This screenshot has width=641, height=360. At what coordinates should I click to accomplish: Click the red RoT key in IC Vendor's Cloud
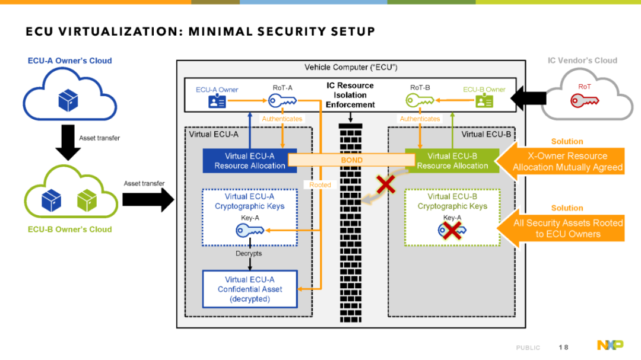pos(585,100)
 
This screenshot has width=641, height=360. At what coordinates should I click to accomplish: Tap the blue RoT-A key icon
pos(283,100)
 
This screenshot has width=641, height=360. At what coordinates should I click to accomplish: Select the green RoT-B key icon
pos(420,100)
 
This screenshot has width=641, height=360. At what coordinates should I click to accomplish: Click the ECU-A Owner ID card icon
pos(217,101)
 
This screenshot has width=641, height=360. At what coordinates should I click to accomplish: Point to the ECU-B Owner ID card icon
pos(484,100)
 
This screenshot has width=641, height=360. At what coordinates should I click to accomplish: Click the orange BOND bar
pos(351,160)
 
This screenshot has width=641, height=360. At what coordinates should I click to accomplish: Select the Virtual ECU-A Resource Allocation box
pos(250,161)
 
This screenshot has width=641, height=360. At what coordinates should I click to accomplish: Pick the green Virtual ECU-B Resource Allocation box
pos(452,161)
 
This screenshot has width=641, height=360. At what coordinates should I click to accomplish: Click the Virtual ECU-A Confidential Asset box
pos(250,289)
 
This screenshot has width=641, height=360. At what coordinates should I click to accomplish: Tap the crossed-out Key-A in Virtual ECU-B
pos(452,231)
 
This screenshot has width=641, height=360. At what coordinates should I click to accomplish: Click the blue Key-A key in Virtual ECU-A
pos(250,231)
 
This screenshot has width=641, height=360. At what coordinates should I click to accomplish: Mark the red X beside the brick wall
pos(386,184)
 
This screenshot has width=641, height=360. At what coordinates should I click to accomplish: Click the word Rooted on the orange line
pos(320,184)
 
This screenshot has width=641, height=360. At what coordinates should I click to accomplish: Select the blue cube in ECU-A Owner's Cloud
pos(68,100)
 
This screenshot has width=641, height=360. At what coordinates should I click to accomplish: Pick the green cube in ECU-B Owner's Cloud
pos(87,200)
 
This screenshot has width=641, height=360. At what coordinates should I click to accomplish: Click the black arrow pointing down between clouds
pos(68,142)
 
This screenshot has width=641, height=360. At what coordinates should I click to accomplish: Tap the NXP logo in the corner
pos(610,345)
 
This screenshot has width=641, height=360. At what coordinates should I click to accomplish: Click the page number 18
pos(563,348)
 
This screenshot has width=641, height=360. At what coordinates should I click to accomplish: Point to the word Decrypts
pos(249,253)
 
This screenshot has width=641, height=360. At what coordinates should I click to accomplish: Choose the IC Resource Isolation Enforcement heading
pos(350,95)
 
